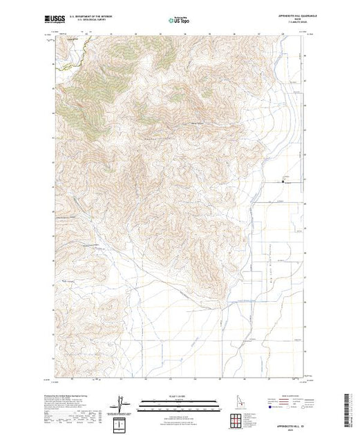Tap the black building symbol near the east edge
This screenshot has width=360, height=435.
click(283, 182)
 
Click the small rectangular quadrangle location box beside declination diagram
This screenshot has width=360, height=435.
click(122, 420)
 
